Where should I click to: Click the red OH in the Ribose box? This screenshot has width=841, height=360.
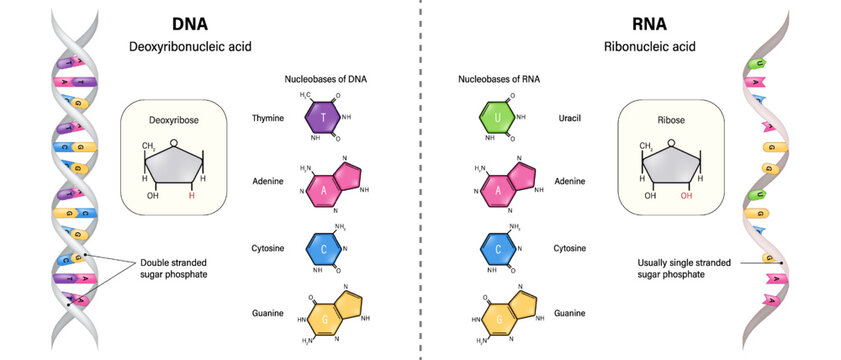686,196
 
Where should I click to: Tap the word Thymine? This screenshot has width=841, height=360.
269,118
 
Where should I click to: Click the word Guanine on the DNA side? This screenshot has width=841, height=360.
269,314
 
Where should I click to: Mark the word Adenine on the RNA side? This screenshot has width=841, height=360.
568,181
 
